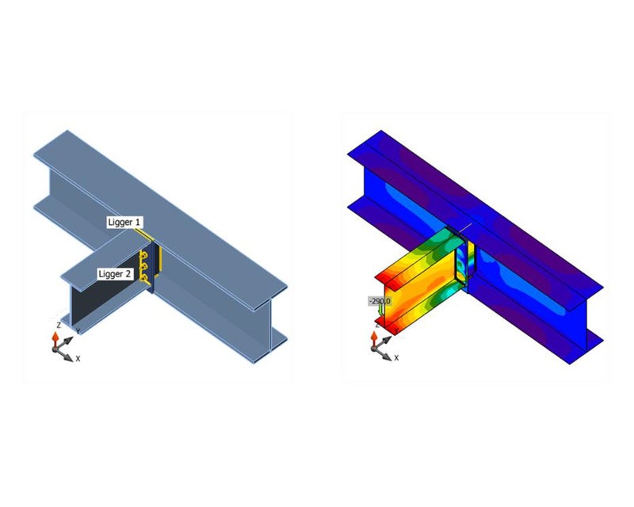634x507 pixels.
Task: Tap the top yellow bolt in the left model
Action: [144, 255]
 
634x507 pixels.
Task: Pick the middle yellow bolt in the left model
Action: [144, 267]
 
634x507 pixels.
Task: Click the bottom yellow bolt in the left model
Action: [144, 278]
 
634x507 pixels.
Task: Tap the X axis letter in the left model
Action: [78, 358]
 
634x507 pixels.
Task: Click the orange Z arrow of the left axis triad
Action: [54, 339]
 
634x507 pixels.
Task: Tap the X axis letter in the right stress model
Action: [396, 358]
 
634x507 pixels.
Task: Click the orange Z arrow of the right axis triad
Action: [372, 339]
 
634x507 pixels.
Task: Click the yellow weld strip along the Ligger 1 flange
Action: [143, 235]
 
